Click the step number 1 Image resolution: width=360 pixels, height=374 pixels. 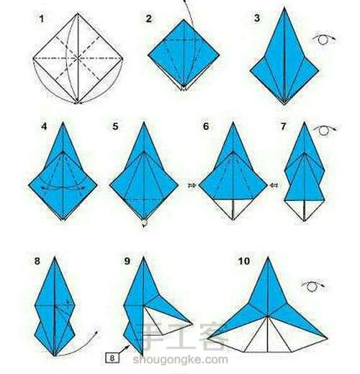pyautogui.click(x=42, y=19)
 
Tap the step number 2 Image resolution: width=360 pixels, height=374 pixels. pyautogui.click(x=149, y=19)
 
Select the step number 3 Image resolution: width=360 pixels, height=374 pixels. pyautogui.click(x=257, y=18)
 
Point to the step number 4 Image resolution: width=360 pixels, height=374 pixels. pyautogui.click(x=44, y=126)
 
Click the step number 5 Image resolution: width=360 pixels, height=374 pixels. pyautogui.click(x=115, y=126)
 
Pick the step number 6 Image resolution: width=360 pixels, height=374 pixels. pyautogui.click(x=206, y=126)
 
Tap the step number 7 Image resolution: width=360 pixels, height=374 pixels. pyautogui.click(x=284, y=126)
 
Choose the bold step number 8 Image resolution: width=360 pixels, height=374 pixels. pyautogui.click(x=37, y=261)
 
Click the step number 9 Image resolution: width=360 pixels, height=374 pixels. pyautogui.click(x=127, y=261)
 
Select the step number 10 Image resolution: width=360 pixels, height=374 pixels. pyautogui.click(x=244, y=261)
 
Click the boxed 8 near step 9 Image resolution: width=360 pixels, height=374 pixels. pyautogui.click(x=112, y=358)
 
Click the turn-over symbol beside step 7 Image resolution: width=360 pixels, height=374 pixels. pyautogui.click(x=325, y=130)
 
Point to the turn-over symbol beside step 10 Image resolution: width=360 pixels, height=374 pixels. pyautogui.click(x=312, y=286)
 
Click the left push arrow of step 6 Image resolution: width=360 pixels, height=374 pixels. pyautogui.click(x=192, y=185)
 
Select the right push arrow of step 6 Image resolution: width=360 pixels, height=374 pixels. pyautogui.click(x=274, y=185)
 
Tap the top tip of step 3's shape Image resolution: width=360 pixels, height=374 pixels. pyautogui.click(x=284, y=7)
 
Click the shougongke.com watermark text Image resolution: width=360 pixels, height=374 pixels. pyautogui.click(x=180, y=360)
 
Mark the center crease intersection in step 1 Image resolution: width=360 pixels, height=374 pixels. pyautogui.click(x=78, y=58)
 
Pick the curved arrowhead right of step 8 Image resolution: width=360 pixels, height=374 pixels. pyautogui.click(x=96, y=333)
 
